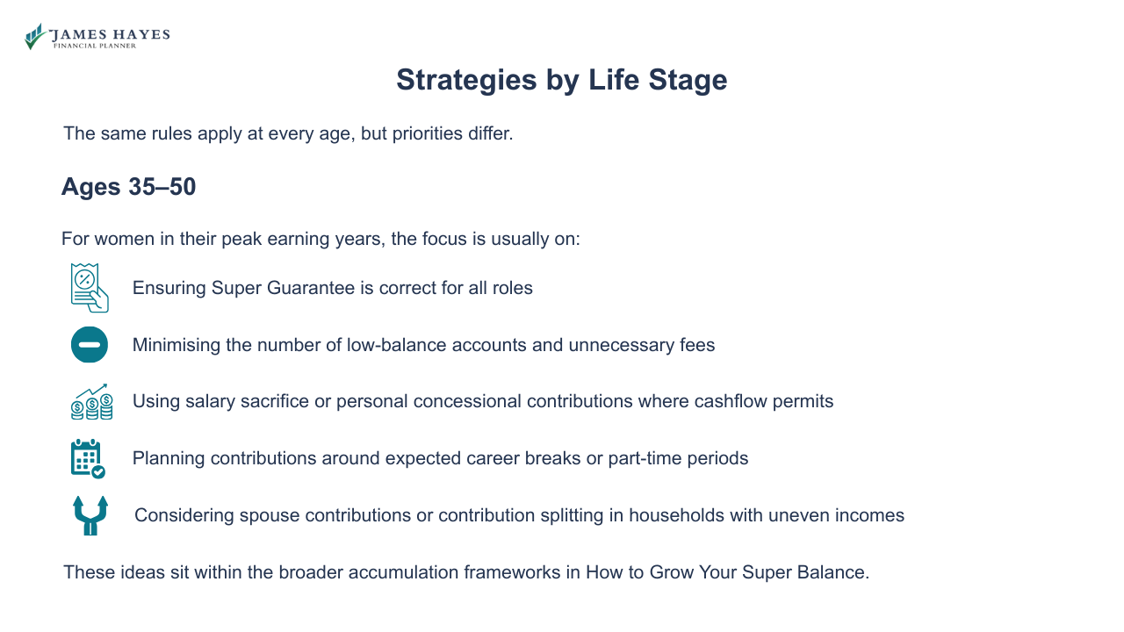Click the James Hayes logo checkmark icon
click(34, 37)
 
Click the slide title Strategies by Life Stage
click(561, 80)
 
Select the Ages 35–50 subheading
click(128, 187)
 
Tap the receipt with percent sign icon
click(90, 288)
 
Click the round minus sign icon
click(90, 345)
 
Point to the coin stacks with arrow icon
click(91, 401)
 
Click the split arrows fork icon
click(90, 515)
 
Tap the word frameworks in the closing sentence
click(511, 572)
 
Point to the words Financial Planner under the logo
click(95, 46)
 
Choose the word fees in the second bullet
click(697, 345)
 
